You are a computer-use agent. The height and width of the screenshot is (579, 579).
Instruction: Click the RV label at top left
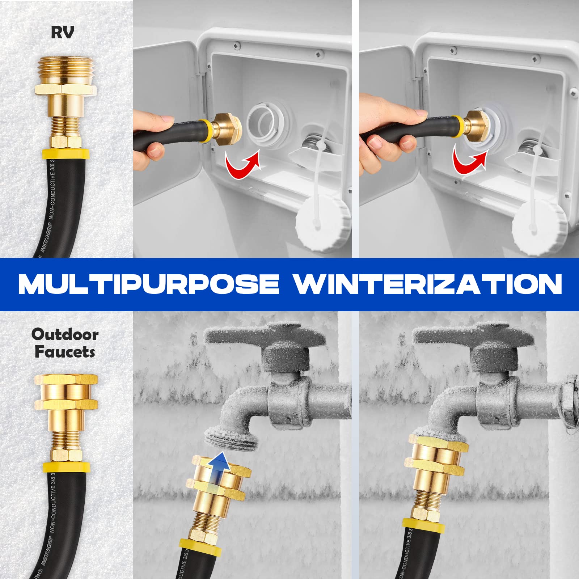coord(62,32)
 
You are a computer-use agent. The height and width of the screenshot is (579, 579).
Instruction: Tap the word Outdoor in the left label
coord(65,334)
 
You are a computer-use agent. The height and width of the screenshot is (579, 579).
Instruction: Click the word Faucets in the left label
coord(65,352)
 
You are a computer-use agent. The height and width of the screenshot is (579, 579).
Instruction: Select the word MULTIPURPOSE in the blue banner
coord(149,284)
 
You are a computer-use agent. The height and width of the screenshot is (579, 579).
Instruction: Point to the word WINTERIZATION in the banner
coord(427,284)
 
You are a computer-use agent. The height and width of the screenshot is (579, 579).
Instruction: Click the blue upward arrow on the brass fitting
coord(220,467)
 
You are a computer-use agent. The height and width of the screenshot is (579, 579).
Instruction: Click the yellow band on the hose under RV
coord(65,153)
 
